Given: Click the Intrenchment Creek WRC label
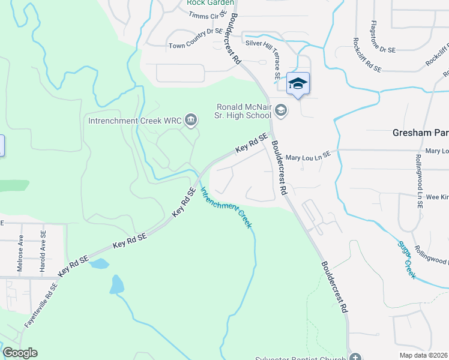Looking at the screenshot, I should (135, 121).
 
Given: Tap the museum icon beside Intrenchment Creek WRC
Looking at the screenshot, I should (191, 121).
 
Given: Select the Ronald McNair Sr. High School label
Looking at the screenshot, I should (246, 112).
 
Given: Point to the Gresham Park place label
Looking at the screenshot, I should (420, 133).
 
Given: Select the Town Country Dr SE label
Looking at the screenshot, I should (196, 45).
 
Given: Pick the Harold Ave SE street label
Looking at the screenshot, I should (43, 252).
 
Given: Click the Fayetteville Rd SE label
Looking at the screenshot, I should (40, 305).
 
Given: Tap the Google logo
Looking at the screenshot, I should (20, 353).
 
